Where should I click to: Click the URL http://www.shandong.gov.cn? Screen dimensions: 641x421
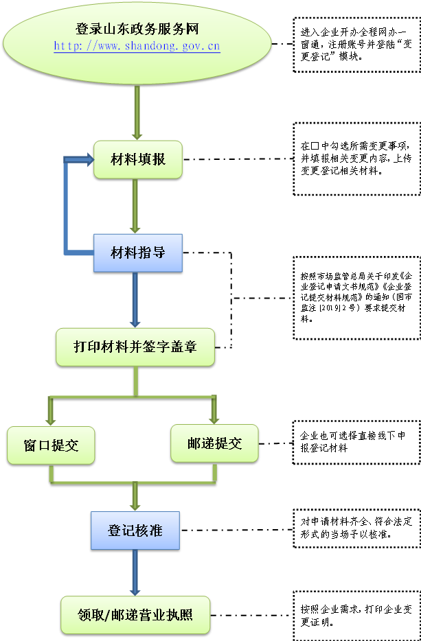click(137, 47)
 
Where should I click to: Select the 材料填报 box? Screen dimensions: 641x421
click(138, 160)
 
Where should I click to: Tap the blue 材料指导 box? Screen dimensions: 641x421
click(138, 253)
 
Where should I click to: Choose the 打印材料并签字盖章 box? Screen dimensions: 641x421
click(135, 347)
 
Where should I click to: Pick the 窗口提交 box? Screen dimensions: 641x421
click(50, 445)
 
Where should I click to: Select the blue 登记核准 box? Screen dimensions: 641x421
click(135, 531)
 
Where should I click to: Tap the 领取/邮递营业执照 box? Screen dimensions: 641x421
click(135, 615)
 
